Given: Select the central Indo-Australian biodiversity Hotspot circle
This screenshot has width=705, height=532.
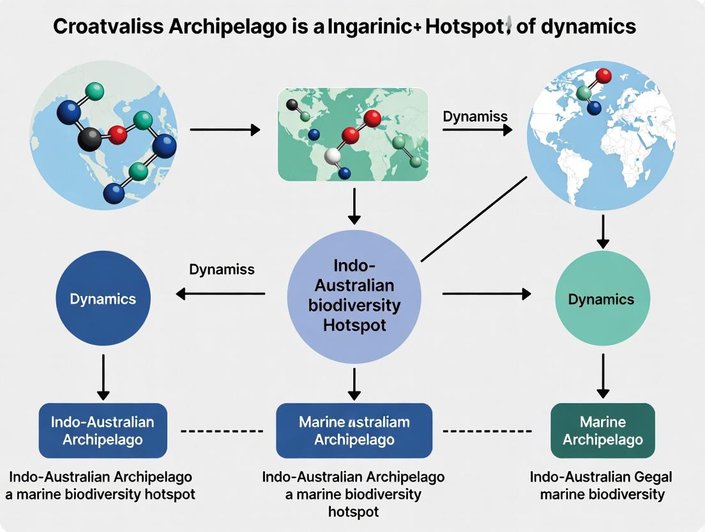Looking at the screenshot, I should click(354, 296).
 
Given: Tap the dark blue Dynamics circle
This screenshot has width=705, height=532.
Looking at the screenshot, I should click(103, 299).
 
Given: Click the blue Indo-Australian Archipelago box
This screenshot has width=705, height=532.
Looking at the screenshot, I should click(103, 430).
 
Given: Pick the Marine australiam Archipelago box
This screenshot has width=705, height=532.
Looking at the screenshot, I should click(354, 430).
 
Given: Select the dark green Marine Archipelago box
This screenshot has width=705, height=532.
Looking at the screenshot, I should click(602, 430).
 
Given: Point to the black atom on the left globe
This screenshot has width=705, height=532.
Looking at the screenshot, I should click(90, 139).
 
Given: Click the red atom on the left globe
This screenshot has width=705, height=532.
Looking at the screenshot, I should click(118, 134).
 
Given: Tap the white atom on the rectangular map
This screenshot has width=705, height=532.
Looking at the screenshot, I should click(333, 155).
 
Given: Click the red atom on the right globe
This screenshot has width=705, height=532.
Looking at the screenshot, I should click(603, 76).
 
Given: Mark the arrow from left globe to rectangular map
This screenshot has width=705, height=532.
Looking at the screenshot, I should click(225, 130).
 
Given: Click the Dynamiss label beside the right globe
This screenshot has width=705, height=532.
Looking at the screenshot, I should click(475, 116).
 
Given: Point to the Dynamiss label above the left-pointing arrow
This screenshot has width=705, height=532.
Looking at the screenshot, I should click(222, 269).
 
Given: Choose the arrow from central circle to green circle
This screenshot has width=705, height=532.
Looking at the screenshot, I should click(486, 293).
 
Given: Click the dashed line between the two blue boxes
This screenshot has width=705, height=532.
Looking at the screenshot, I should click(222, 431).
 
